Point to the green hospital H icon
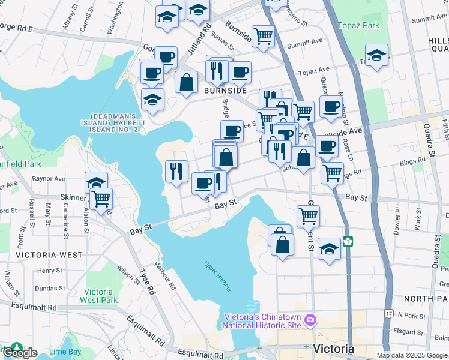click(348, 241)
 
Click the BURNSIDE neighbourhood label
click(225, 91)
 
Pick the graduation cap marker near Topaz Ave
click(376, 56)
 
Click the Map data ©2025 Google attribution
click(412, 355)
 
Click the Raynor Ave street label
click(49, 178)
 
